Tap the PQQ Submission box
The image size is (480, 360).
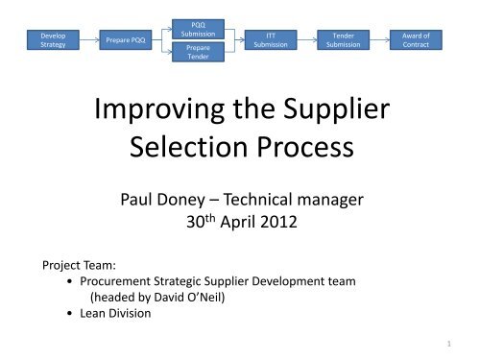199,28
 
